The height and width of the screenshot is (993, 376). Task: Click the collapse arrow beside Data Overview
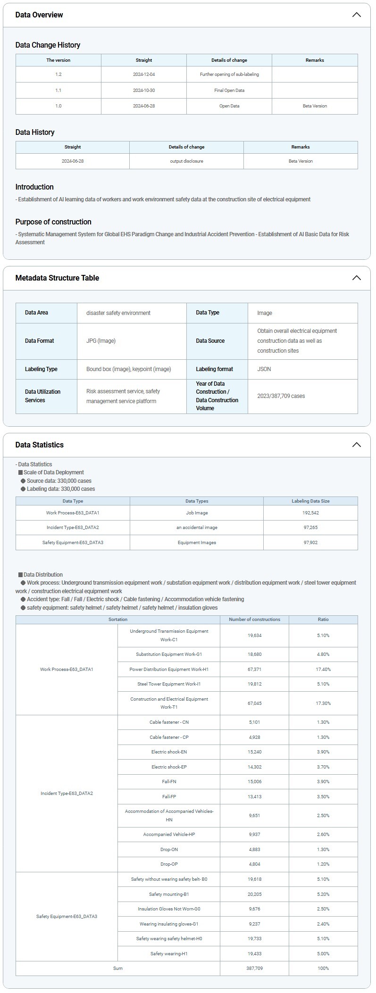pyautogui.click(x=356, y=15)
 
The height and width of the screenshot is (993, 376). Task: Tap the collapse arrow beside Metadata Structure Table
pyautogui.click(x=356, y=278)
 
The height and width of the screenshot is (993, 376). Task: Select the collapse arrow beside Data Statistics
pyautogui.click(x=356, y=445)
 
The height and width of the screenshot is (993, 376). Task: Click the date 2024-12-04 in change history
pyautogui.click(x=144, y=74)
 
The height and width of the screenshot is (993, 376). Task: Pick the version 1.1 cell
pyautogui.click(x=58, y=90)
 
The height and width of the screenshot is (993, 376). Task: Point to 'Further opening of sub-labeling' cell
pyautogui.click(x=229, y=74)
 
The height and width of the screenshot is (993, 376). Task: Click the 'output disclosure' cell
pyautogui.click(x=186, y=161)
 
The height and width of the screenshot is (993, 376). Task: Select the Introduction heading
pyautogui.click(x=34, y=187)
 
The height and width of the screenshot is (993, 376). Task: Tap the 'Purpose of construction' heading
pyautogui.click(x=53, y=222)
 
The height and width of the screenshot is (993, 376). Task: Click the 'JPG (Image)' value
pyautogui.click(x=101, y=341)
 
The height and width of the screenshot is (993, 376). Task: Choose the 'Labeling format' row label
pyautogui.click(x=215, y=369)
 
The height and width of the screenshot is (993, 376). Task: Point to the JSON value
pyautogui.click(x=264, y=369)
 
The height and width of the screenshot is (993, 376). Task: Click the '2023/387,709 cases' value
pyautogui.click(x=281, y=396)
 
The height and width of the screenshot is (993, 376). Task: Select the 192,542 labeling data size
pyautogui.click(x=310, y=513)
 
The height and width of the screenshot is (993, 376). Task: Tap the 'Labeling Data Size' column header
pyautogui.click(x=310, y=501)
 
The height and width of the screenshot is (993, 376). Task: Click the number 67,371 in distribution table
pyautogui.click(x=254, y=670)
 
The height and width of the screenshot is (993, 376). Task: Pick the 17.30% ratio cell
pyautogui.click(x=323, y=703)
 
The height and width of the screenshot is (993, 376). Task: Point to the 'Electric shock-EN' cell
pyautogui.click(x=169, y=752)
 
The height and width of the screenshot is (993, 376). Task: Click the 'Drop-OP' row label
pyautogui.click(x=169, y=864)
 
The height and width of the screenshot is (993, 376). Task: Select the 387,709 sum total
pyautogui.click(x=254, y=968)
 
